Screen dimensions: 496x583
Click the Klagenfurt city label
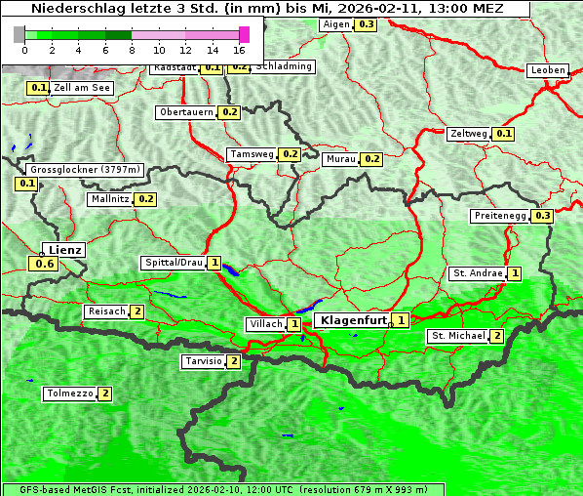click(x=351, y=319)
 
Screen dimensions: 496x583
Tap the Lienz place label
click(x=65, y=250)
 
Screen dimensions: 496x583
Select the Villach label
click(x=265, y=324)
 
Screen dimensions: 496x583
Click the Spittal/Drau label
click(x=173, y=263)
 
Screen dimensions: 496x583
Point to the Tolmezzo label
click(x=69, y=394)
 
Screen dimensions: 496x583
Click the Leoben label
click(x=547, y=70)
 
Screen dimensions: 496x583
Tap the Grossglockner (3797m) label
click(x=85, y=170)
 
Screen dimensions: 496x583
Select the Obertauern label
click(x=186, y=112)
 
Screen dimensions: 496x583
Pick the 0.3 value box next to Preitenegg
click(x=542, y=216)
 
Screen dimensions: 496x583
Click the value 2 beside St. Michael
click(x=496, y=336)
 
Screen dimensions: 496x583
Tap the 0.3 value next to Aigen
click(x=366, y=24)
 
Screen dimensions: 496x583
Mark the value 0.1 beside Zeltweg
click(x=503, y=134)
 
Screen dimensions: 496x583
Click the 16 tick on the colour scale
click(x=239, y=49)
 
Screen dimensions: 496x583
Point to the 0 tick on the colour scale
click(x=24, y=49)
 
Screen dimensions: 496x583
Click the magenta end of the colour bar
click(x=244, y=34)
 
